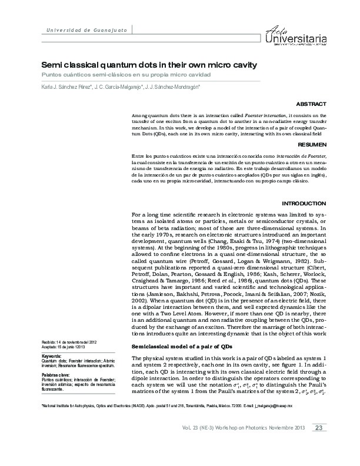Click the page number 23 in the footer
(318, 444)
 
